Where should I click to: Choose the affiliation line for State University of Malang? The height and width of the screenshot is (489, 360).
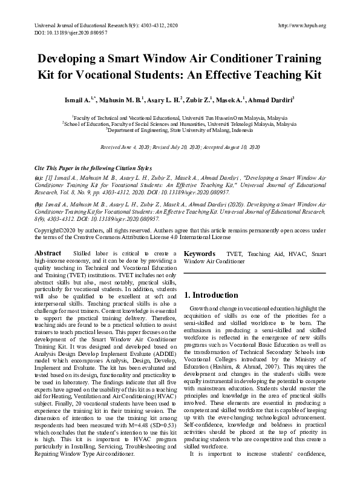[180, 129]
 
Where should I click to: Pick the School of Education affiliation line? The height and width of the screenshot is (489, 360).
[180, 123]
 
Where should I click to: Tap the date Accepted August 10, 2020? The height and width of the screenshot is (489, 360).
[232, 147]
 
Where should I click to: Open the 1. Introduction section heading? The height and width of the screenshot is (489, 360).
[211, 295]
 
